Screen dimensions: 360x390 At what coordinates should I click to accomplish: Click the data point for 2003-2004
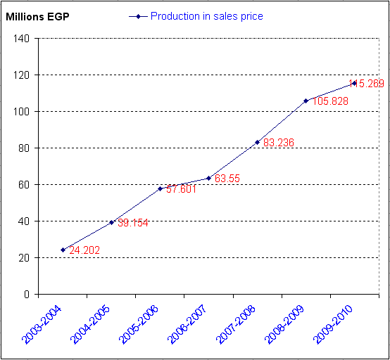click(x=63, y=250)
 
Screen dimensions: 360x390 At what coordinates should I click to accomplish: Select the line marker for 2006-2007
click(x=208, y=178)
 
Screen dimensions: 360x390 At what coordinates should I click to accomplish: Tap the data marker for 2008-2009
click(x=306, y=101)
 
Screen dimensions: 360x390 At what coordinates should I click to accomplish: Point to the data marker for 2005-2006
click(x=160, y=188)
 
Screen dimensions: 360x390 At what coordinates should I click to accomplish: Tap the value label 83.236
click(x=278, y=143)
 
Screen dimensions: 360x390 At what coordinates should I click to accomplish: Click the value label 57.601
click(x=181, y=189)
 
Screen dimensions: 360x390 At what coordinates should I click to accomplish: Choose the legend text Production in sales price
click(x=206, y=15)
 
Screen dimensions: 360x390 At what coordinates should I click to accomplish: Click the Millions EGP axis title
click(x=34, y=15)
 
